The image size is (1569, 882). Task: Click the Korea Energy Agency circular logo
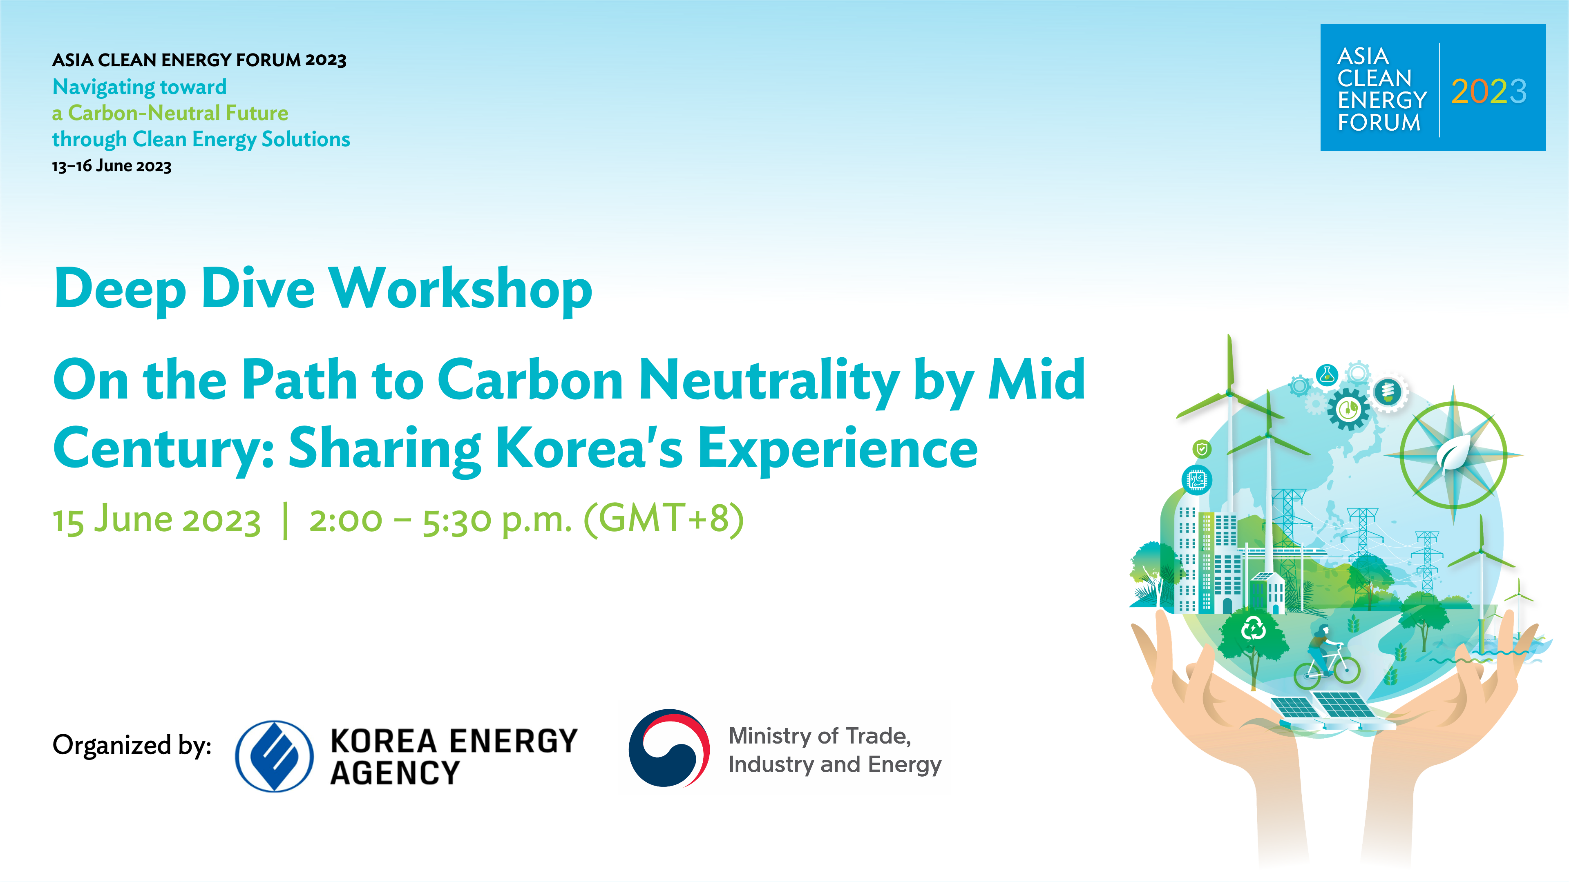[274, 756]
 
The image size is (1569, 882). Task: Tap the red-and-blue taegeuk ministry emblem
[669, 748]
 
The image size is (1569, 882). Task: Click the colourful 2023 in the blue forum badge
[1489, 92]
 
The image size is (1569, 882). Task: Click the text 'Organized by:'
[132, 746]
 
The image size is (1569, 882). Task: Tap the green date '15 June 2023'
[156, 521]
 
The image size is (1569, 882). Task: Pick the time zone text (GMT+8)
[663, 519]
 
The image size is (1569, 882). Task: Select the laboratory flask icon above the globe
[1327, 375]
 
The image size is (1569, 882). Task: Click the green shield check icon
[1202, 450]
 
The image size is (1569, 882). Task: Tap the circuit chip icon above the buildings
[1197, 480]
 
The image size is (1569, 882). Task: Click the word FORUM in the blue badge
[1379, 123]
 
